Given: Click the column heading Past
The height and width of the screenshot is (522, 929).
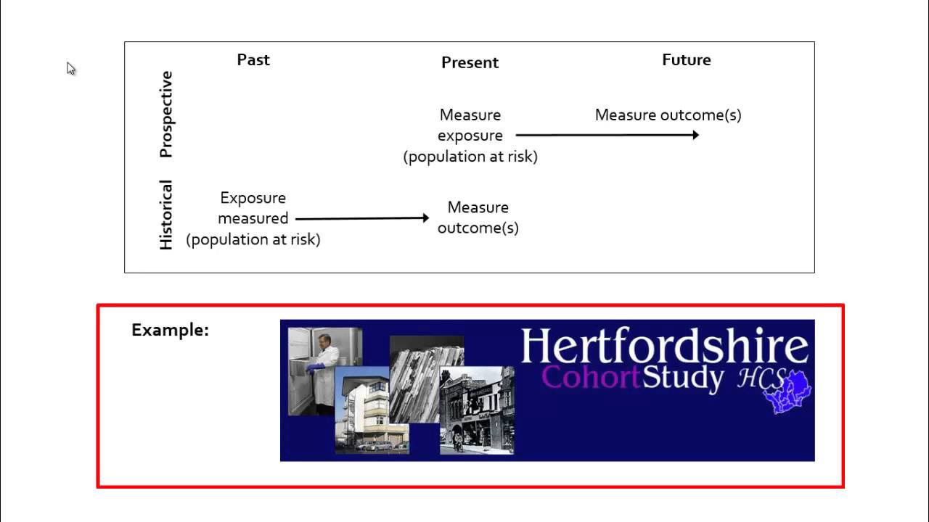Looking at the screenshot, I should [253, 59].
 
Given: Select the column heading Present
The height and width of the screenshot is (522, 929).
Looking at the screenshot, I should [470, 62].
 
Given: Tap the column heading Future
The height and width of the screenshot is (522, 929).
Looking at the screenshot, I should [686, 59].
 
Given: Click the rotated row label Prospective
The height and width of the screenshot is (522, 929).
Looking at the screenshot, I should [166, 114].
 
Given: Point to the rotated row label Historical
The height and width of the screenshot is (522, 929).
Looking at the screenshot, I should [166, 215].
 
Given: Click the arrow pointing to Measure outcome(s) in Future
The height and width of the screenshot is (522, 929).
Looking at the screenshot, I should [607, 135].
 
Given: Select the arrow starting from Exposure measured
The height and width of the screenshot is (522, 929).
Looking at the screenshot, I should [362, 218].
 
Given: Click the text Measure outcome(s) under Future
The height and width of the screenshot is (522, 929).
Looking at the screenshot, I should [668, 115].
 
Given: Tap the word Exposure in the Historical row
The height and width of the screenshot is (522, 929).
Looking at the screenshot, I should [253, 198].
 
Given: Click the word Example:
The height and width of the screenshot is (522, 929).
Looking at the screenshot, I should [170, 330].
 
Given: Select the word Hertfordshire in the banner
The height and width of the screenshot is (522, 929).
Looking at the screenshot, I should [664, 347].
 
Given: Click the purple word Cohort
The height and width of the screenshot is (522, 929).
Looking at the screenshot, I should [591, 378].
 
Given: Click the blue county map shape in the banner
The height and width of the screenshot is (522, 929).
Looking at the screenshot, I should [789, 391].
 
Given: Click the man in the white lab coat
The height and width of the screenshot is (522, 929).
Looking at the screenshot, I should [323, 370].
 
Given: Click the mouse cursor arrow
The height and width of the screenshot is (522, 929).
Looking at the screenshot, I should [70, 67].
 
